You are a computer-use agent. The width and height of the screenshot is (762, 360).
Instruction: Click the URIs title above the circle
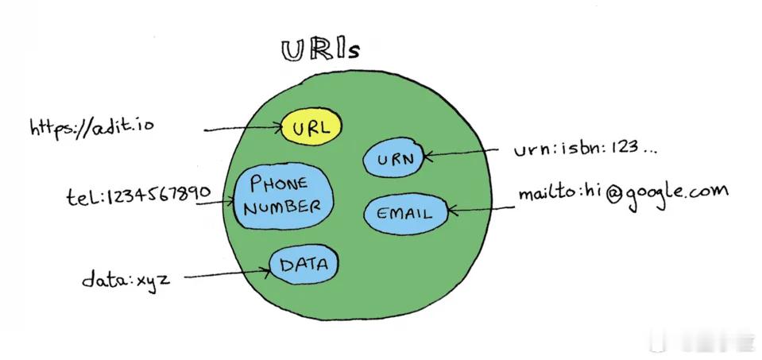[320, 51]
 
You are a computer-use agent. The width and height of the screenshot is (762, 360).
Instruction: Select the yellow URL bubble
[311, 126]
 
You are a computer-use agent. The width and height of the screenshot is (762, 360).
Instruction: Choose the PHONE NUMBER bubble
[284, 195]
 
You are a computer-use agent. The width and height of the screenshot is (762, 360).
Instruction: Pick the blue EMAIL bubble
[405, 214]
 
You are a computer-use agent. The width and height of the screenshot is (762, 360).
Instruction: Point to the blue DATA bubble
[304, 265]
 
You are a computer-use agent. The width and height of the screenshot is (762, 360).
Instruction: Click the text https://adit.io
[91, 127]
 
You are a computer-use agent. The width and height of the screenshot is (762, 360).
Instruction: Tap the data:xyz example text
[126, 280]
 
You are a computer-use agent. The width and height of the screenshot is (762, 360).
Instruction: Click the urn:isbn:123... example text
[586, 148]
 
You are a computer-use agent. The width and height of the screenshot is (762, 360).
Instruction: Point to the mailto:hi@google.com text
[624, 195]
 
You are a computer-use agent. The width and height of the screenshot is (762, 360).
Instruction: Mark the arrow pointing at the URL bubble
[243, 129]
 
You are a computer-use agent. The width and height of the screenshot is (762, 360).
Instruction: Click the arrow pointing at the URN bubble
[461, 153]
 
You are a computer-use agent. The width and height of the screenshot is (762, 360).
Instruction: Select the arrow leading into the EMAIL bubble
[480, 209]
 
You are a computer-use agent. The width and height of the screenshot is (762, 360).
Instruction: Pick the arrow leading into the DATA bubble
[227, 274]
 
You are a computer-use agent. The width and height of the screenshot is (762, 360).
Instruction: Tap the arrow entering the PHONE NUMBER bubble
[215, 202]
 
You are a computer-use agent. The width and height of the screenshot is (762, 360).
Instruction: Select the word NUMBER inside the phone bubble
[282, 207]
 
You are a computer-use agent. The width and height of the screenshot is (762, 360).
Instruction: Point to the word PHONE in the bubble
[278, 183]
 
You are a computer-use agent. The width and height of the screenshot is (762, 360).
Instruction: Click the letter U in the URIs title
[293, 51]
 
